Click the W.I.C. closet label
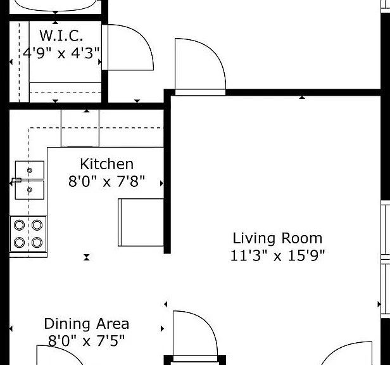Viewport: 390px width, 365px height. coord(61,35)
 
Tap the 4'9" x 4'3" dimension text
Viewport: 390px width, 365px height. coord(61,53)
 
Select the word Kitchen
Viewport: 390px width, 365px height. coord(107,164)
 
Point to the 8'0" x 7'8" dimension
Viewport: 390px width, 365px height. coord(106,181)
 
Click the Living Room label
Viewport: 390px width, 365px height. coord(277,238)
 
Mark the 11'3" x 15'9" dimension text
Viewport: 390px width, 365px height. coord(277,255)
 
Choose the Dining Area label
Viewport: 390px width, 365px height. coord(87,324)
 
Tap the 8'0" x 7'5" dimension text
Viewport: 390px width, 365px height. coord(86,341)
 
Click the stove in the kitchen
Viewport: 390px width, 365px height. coord(28,234)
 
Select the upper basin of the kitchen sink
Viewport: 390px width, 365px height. coord(30,170)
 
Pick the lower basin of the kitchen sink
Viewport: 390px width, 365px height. coord(30,190)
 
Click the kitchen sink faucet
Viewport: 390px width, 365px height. coord(16,180)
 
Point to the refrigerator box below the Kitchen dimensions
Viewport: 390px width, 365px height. coord(141,222)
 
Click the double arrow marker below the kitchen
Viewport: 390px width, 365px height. coord(87,257)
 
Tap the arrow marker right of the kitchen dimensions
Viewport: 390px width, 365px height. coord(161,184)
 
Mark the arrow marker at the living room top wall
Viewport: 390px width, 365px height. coord(302,98)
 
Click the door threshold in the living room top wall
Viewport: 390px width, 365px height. coord(200,92)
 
